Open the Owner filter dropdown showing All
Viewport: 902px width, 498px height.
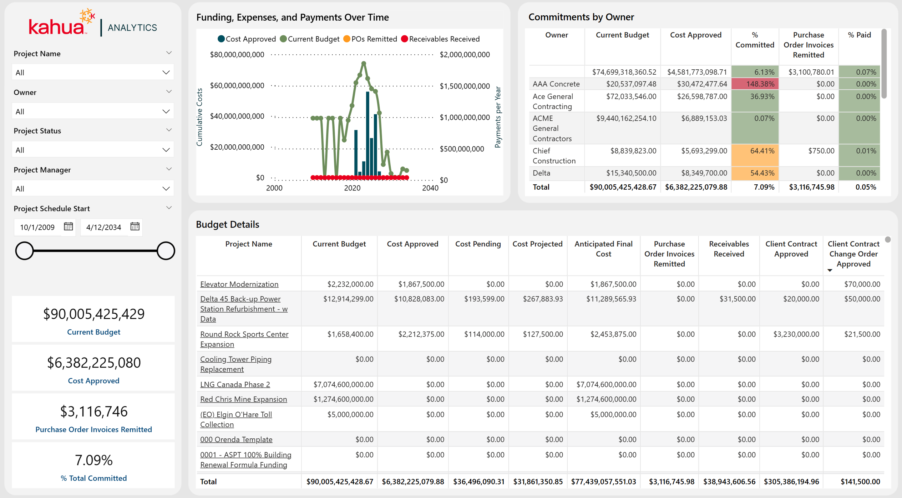(x=93, y=111)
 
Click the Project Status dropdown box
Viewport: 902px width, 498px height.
(x=93, y=150)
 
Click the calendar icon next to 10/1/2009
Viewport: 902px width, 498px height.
(x=68, y=226)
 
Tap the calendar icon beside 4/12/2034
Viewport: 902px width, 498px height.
(x=135, y=226)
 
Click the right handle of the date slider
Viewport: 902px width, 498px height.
(x=166, y=250)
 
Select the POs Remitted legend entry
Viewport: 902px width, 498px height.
(x=370, y=39)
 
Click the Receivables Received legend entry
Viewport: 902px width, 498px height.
(x=440, y=39)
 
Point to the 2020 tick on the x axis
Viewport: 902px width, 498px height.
(x=352, y=188)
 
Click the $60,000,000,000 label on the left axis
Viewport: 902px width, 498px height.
(x=237, y=85)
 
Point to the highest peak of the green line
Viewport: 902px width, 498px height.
(x=364, y=64)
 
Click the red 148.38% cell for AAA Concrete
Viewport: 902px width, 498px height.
(x=755, y=84)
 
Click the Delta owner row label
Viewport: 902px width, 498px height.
(x=541, y=173)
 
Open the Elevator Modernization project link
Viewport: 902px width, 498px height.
(x=239, y=284)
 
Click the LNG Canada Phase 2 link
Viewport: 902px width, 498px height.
(x=235, y=384)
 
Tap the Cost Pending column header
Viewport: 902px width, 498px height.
(x=478, y=244)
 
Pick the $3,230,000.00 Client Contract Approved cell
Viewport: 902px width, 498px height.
(x=796, y=334)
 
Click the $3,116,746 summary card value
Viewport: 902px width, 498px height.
(x=94, y=412)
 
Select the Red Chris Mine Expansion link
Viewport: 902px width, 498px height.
(x=243, y=399)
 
